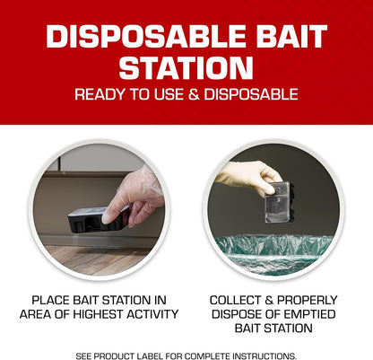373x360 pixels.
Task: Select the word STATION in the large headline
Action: (186, 68)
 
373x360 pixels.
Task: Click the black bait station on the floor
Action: (100, 217)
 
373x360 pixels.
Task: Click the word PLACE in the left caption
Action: (54, 298)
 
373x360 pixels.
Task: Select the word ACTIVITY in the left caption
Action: (149, 314)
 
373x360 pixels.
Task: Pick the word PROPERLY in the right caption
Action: (308, 298)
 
